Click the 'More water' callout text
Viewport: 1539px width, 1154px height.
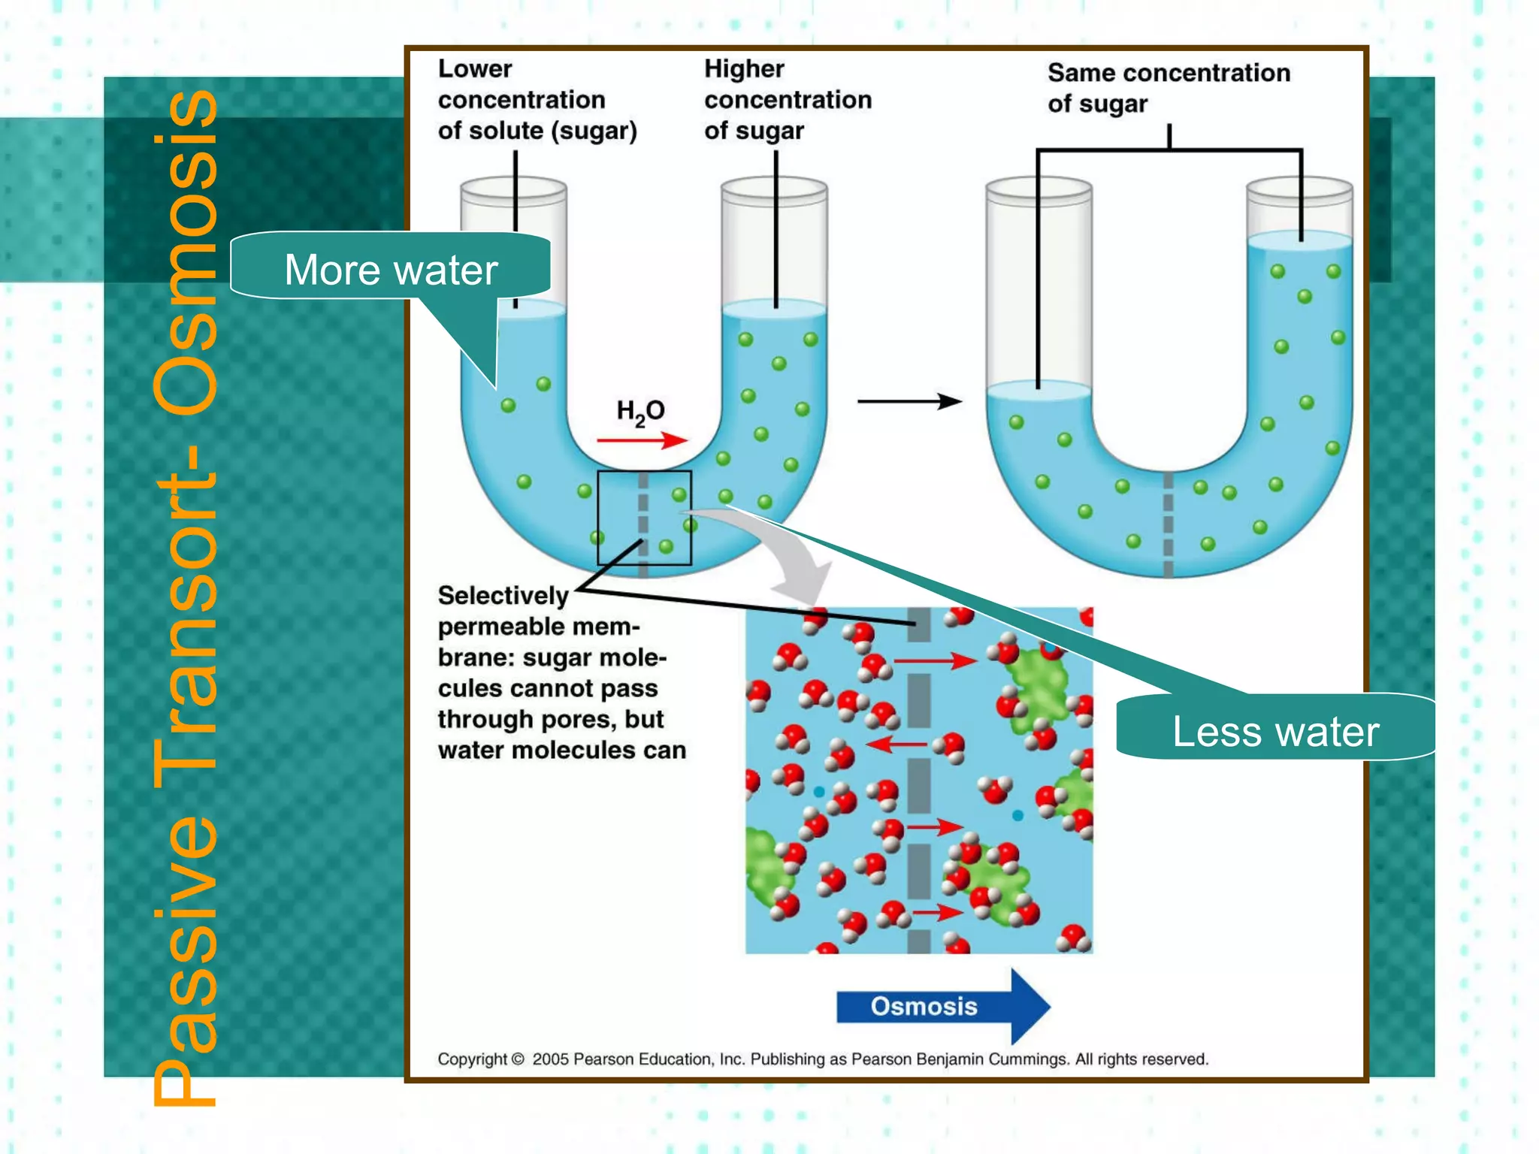click(391, 270)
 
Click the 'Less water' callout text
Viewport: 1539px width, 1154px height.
click(1275, 732)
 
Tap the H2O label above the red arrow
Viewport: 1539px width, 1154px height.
click(640, 411)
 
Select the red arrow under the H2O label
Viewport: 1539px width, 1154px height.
click(642, 440)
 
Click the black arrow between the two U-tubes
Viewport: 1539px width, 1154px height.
click(909, 401)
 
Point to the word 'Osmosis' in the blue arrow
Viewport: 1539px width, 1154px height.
click(924, 1006)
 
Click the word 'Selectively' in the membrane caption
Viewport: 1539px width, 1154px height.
click(503, 595)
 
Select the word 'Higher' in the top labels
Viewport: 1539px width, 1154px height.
click(744, 69)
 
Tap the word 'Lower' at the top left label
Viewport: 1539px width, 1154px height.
click(475, 69)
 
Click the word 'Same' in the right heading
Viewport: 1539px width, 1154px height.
click(1080, 73)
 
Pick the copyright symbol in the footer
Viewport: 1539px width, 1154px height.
click(517, 1059)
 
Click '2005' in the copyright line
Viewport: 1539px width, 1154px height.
click(550, 1059)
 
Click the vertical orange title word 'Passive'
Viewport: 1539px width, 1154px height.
click(186, 962)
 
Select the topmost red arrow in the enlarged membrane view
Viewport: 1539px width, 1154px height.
click(935, 660)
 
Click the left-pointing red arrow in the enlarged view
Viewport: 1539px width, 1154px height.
click(896, 745)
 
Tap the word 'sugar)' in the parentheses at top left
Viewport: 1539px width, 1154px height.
click(594, 131)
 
